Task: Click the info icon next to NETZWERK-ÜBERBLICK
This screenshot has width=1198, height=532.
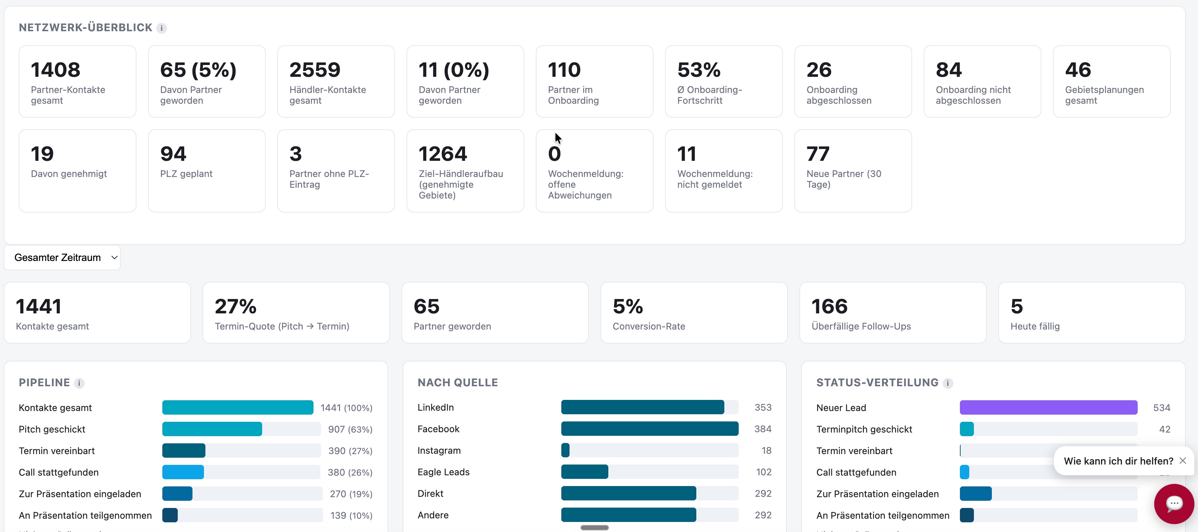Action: click(161, 28)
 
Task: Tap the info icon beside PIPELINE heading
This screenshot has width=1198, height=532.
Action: click(79, 383)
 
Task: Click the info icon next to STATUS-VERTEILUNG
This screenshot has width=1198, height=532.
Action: click(948, 383)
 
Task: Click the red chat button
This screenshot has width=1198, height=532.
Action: click(1174, 504)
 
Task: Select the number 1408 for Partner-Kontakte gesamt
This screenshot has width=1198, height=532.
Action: click(55, 70)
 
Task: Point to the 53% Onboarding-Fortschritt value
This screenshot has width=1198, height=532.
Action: click(698, 70)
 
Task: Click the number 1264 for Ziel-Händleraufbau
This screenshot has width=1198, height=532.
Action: click(442, 154)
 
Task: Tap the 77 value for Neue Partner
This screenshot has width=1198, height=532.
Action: click(818, 154)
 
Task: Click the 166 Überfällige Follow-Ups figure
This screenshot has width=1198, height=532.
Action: click(829, 307)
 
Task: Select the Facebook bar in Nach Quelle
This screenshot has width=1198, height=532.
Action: click(649, 429)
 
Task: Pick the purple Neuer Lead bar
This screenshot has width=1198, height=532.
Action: click(1048, 407)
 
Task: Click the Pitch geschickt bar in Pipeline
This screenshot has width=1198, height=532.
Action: click(212, 429)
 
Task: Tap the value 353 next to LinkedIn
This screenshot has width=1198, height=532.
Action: click(763, 407)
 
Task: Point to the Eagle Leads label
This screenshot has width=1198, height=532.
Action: click(443, 472)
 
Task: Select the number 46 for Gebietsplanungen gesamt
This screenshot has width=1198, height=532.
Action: click(1078, 70)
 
